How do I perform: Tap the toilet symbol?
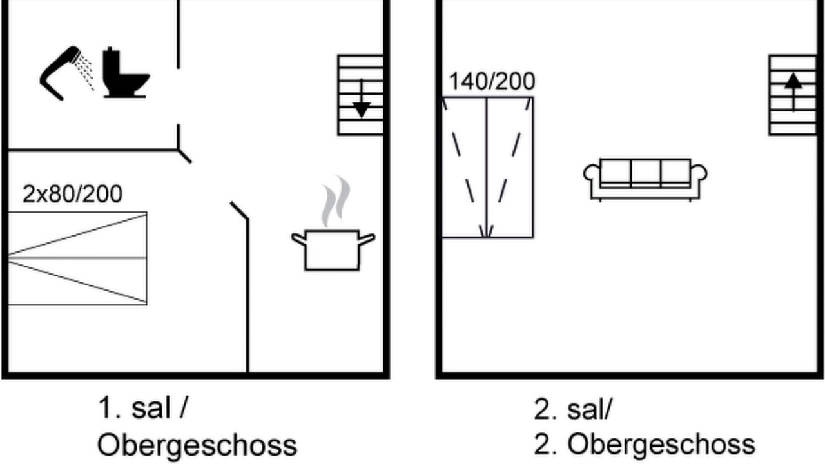click(125, 73)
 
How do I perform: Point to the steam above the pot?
click(336, 200)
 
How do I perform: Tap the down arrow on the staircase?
click(362, 99)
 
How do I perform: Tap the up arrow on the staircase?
click(793, 92)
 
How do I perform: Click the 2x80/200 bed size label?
click(72, 194)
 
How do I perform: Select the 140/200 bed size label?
click(492, 81)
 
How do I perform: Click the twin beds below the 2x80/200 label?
click(77, 258)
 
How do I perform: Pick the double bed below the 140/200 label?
click(487, 168)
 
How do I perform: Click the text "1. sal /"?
click(143, 408)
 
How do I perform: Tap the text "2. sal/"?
click(573, 409)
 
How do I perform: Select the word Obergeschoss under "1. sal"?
click(197, 445)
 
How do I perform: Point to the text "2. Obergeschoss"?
click(645, 445)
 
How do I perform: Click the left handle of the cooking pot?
click(299, 239)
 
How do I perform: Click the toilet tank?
click(112, 61)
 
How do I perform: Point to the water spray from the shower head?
click(86, 72)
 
